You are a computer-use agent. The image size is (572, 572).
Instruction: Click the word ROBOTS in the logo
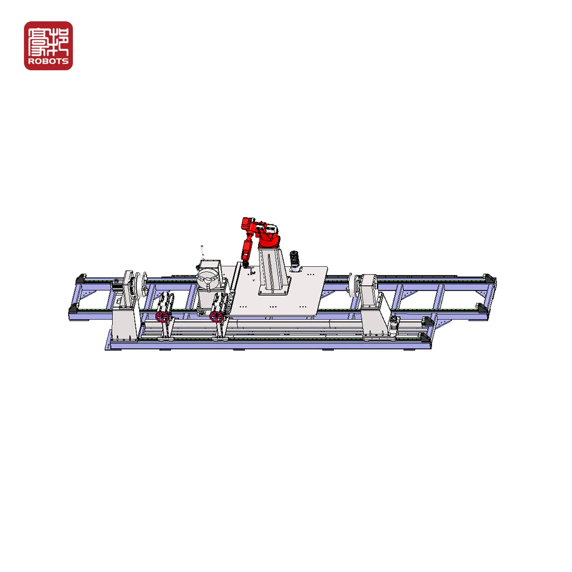pyautogui.click(x=48, y=61)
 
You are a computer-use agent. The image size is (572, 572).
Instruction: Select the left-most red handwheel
pyautogui.click(x=162, y=317)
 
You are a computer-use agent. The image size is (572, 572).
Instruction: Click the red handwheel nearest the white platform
pyautogui.click(x=216, y=317)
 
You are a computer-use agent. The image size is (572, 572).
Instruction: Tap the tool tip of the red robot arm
pyautogui.click(x=246, y=266)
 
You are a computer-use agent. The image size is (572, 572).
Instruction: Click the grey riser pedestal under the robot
pyautogui.click(x=274, y=273)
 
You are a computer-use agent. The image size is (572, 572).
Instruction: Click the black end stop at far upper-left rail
pyautogui.click(x=80, y=279)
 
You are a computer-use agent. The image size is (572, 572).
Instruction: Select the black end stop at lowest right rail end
pyautogui.click(x=425, y=338)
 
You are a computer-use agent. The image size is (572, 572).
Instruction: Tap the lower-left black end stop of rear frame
pyautogui.click(x=73, y=309)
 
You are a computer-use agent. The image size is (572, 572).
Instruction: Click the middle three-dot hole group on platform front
pyautogui.click(x=273, y=307)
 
